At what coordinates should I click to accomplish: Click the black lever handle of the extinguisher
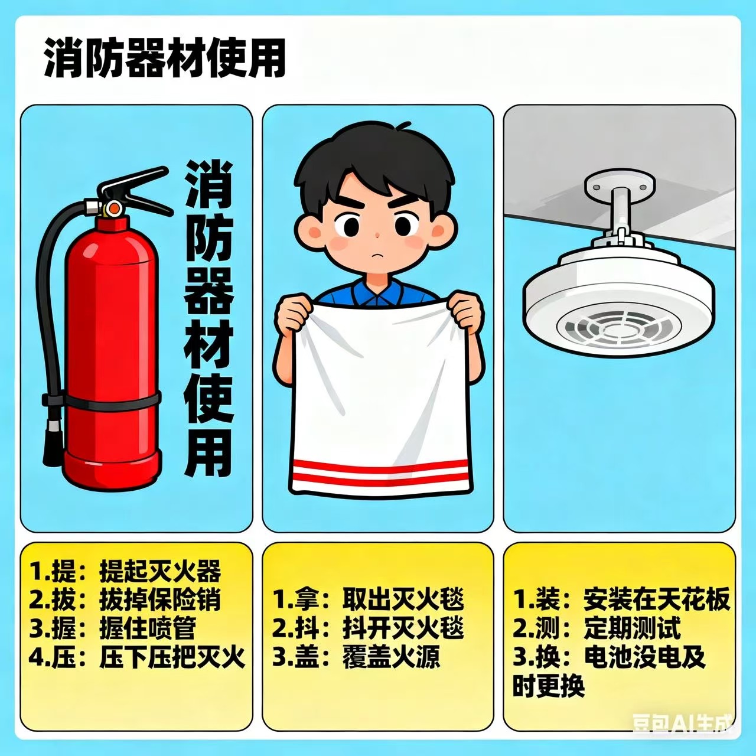tap(135, 193)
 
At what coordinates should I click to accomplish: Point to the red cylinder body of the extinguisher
tap(112, 353)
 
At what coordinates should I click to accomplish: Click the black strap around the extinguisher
tap(101, 400)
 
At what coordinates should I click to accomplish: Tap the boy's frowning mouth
tap(376, 255)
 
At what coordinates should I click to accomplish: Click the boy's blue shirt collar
tap(376, 295)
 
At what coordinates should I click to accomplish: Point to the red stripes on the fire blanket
tap(380, 472)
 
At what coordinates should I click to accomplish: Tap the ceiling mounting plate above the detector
tap(620, 184)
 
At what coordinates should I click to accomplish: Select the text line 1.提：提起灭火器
tap(126, 572)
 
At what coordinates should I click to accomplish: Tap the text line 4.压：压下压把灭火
tap(137, 657)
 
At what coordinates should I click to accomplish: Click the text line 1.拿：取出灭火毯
tap(368, 600)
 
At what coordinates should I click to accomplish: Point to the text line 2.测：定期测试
tap(597, 628)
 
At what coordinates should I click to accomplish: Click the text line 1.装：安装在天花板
tap(621, 600)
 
